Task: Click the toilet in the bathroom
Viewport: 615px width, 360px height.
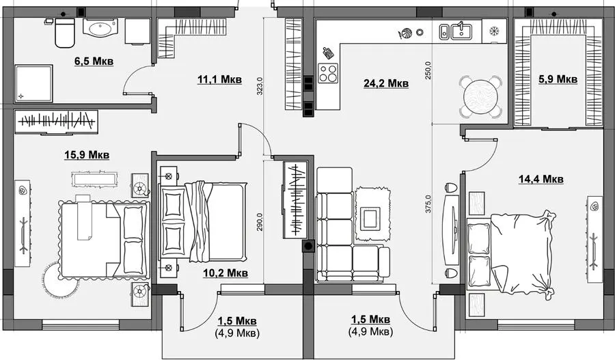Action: click(x=64, y=33)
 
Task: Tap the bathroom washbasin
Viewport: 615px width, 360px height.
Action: click(x=100, y=28)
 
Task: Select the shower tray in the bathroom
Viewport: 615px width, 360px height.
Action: click(x=33, y=83)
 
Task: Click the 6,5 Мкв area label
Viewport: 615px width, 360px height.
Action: click(x=94, y=61)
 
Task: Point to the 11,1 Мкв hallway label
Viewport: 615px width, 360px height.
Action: click(x=219, y=80)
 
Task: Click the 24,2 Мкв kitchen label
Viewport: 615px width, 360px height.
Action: click(x=386, y=83)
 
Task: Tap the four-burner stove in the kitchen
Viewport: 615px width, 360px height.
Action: click(x=327, y=73)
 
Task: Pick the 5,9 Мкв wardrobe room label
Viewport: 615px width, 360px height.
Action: click(x=558, y=79)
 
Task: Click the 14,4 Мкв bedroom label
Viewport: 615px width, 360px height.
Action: click(x=541, y=179)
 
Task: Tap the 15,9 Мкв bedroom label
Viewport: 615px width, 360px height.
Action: click(x=87, y=155)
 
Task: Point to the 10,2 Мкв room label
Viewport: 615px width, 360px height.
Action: click(x=225, y=273)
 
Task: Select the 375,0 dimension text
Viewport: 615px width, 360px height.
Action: click(x=428, y=204)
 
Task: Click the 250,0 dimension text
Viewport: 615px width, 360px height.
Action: click(x=428, y=70)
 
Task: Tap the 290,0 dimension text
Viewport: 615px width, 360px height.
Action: click(x=260, y=223)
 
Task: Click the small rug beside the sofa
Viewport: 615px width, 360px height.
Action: click(x=373, y=214)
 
